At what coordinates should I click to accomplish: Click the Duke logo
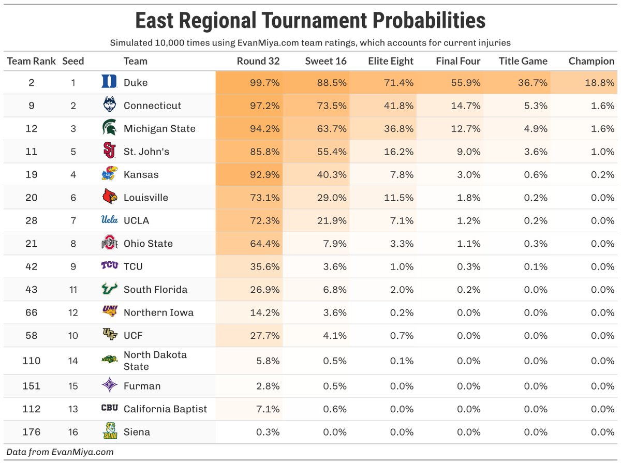pyautogui.click(x=109, y=82)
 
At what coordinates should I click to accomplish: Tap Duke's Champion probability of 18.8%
pyautogui.click(x=599, y=82)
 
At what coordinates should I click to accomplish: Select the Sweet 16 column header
pyautogui.click(x=326, y=61)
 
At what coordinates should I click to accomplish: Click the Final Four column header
pyautogui.click(x=458, y=61)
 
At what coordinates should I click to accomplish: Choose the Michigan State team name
pyautogui.click(x=159, y=128)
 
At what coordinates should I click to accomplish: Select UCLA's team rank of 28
pyautogui.click(x=32, y=220)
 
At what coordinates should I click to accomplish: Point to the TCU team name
pyautogui.click(x=133, y=266)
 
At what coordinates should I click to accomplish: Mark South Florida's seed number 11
pyautogui.click(x=73, y=289)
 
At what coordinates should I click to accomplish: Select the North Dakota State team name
pyautogui.click(x=155, y=361)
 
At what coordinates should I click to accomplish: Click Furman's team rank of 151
pyautogui.click(x=32, y=386)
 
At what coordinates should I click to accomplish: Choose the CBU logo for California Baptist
pyautogui.click(x=109, y=409)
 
